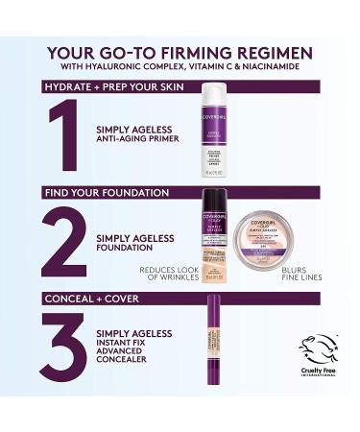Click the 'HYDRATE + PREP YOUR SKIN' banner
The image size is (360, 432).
click(x=110, y=86)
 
